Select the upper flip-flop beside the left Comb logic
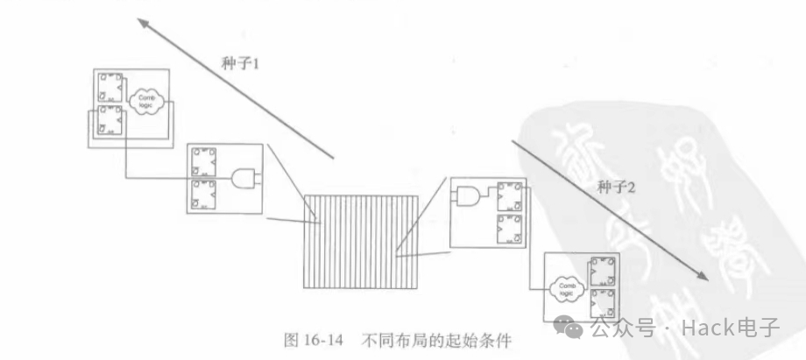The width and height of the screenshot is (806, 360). click(110, 88)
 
